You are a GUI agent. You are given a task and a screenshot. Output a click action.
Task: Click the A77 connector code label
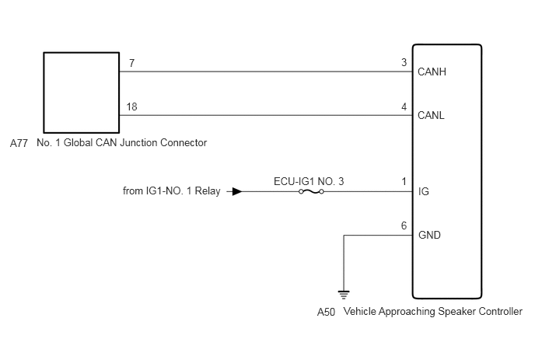click(19, 143)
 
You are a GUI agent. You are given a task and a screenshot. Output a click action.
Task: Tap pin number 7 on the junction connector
click(131, 63)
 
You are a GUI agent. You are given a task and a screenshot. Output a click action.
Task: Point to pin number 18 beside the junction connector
click(131, 107)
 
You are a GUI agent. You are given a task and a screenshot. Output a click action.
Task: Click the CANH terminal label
click(432, 72)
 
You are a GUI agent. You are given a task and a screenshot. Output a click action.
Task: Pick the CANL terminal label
click(431, 115)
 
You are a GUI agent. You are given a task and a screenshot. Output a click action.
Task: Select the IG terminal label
click(424, 191)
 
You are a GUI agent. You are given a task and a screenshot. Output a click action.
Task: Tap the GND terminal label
click(429, 235)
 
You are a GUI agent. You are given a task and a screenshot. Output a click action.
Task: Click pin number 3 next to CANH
click(404, 62)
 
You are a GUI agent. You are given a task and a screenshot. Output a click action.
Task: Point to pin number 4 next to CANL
click(404, 107)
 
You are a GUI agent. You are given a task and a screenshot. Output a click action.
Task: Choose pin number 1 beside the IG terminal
click(404, 181)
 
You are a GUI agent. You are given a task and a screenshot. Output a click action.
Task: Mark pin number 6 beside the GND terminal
click(404, 225)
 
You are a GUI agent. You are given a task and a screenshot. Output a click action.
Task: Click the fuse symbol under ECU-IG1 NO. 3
click(311, 192)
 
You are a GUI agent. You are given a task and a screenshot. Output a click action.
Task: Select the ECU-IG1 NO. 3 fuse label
click(309, 181)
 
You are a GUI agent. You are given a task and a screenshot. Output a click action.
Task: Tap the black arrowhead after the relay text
click(237, 191)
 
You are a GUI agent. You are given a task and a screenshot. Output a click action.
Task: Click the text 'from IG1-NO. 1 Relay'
click(172, 190)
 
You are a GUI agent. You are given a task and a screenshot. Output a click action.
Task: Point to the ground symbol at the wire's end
click(344, 295)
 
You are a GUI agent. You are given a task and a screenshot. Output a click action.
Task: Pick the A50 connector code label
click(326, 312)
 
